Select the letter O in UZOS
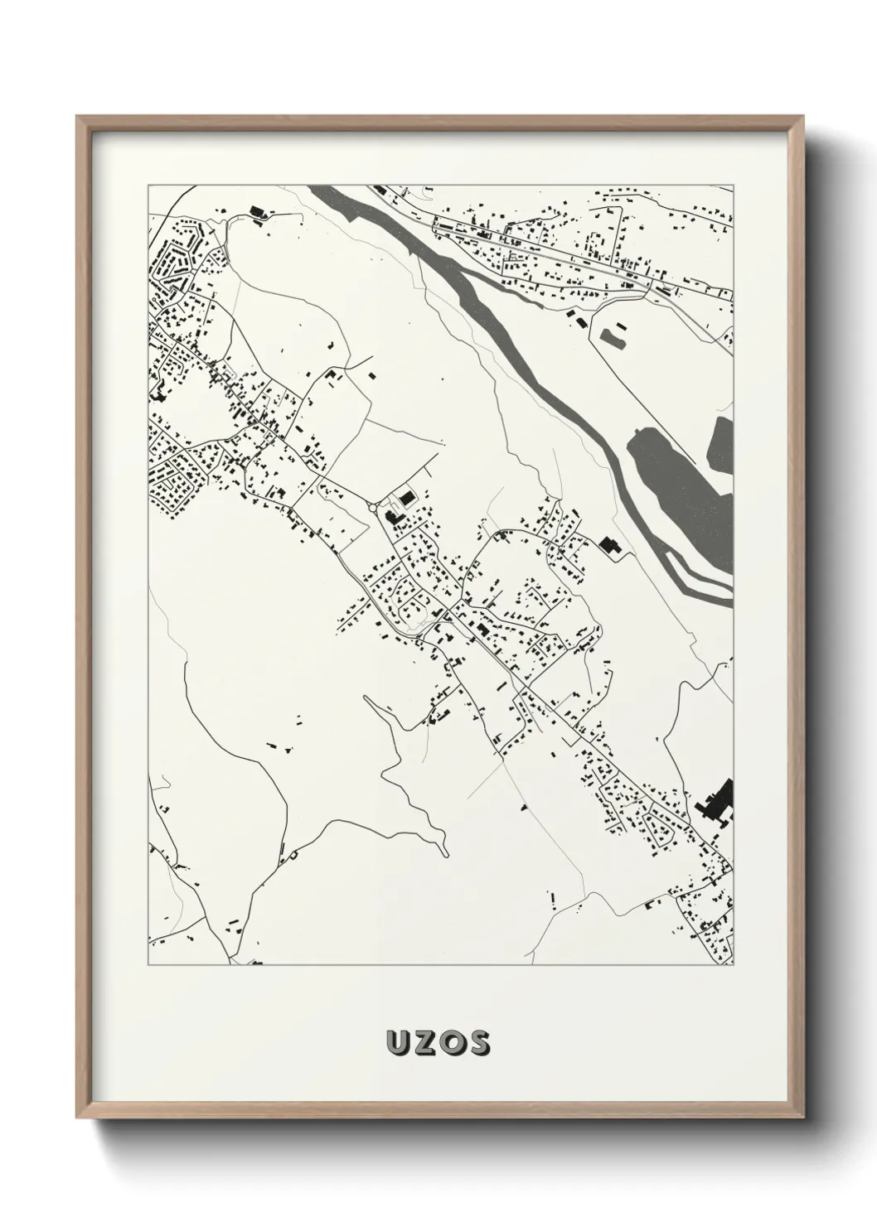click(x=452, y=1044)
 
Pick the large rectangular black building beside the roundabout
click(x=406, y=497)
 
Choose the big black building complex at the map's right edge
click(x=718, y=802)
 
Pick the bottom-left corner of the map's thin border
click(x=148, y=965)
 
